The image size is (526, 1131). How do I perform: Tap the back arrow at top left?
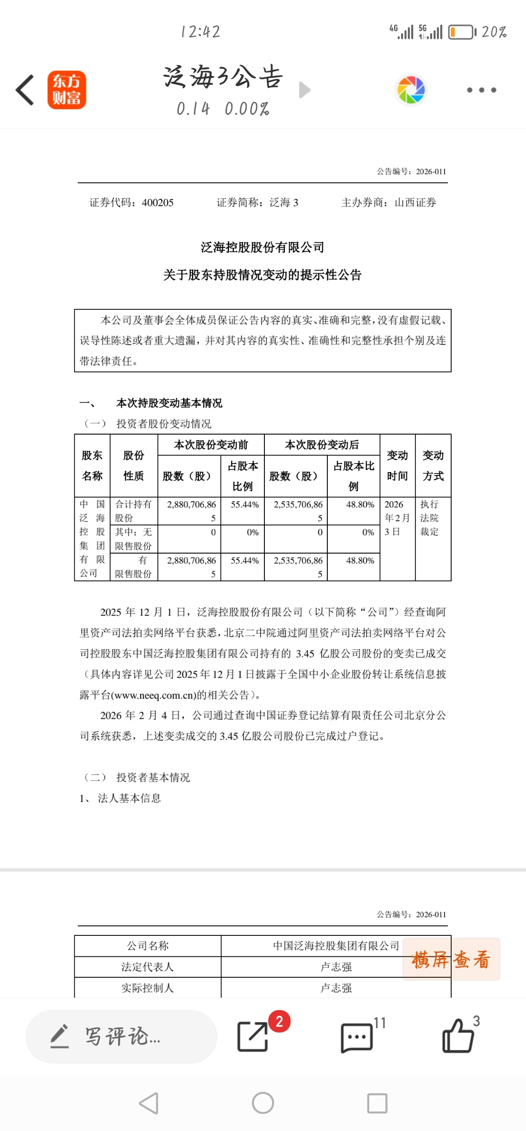tap(25, 90)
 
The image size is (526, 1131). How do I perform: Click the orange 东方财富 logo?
tap(67, 90)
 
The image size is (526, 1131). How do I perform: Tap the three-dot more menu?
tap(481, 90)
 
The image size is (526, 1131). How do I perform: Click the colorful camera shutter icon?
tap(411, 90)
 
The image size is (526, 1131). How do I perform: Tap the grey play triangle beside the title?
tap(304, 90)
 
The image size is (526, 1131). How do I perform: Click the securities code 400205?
tap(158, 203)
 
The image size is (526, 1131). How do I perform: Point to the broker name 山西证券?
tap(415, 203)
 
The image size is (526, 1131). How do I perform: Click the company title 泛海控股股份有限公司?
tap(263, 248)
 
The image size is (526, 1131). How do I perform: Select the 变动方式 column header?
tap(433, 466)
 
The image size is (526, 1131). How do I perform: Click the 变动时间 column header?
tap(397, 466)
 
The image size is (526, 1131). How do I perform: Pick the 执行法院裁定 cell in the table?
tap(429, 518)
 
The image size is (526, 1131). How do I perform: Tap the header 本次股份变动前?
tap(211, 445)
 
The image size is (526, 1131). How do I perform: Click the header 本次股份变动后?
tap(322, 445)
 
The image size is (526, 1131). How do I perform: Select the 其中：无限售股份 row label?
tap(133, 539)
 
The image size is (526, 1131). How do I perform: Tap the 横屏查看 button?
tap(451, 959)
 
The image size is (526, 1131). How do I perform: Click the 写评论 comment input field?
tap(121, 1036)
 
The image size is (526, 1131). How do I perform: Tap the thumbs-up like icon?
tap(458, 1036)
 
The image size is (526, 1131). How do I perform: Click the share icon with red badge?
tap(253, 1036)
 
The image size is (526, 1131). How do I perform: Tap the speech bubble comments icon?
tap(356, 1037)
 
